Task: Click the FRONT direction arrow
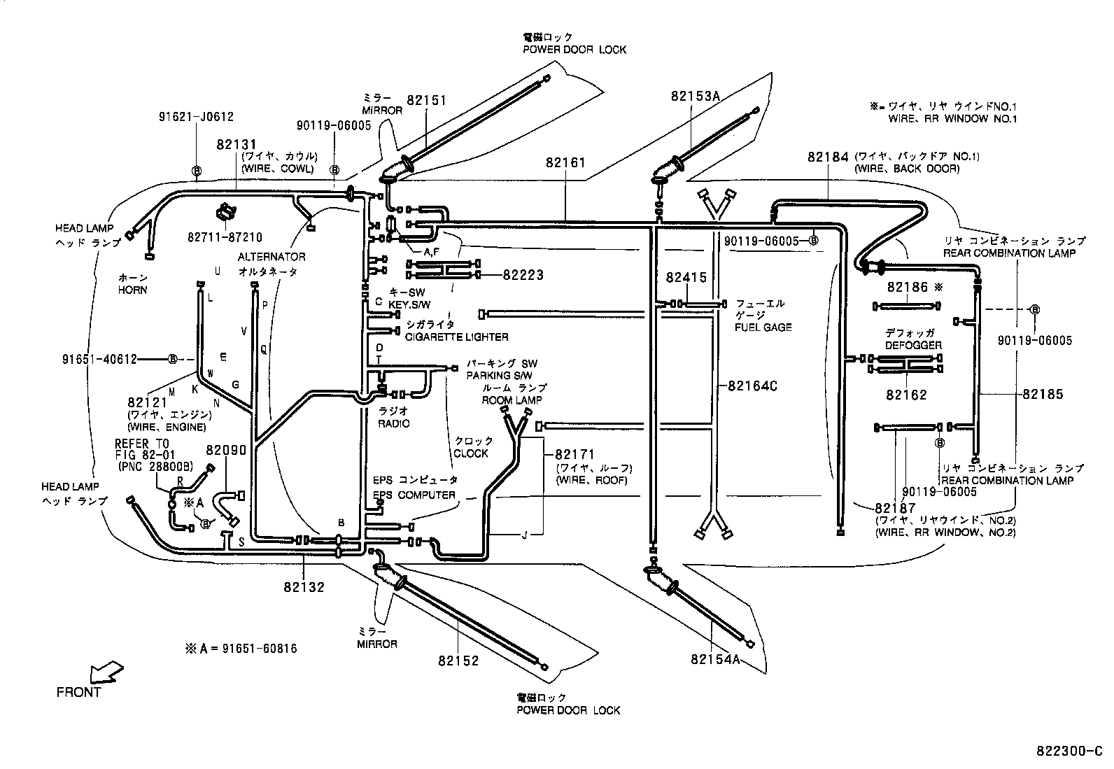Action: click(106, 673)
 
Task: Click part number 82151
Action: click(426, 101)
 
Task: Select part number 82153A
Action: click(694, 96)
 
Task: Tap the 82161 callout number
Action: click(565, 162)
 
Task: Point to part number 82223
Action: click(523, 276)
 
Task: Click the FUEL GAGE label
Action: click(763, 327)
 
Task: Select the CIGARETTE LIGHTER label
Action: click(456, 337)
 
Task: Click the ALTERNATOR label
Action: click(271, 257)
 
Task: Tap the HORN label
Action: click(132, 290)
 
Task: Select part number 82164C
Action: click(753, 386)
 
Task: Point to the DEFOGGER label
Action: click(912, 345)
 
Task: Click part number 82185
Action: click(1043, 394)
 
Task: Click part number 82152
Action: click(459, 661)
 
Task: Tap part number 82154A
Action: click(714, 659)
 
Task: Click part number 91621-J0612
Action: click(196, 118)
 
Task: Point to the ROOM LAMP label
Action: click(512, 400)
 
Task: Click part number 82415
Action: click(686, 278)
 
